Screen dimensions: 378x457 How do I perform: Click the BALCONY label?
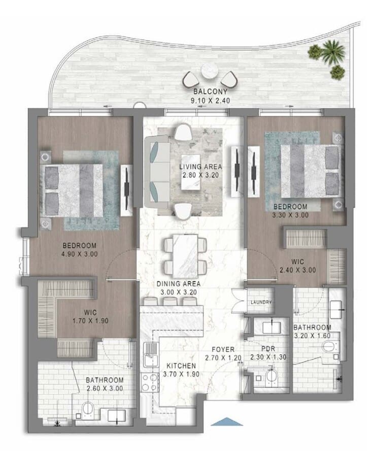[x=210, y=91]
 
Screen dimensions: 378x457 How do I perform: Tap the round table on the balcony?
[x=210, y=71]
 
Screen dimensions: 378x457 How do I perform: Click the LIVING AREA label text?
[x=200, y=167]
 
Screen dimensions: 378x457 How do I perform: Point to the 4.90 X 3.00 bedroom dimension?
[x=80, y=254]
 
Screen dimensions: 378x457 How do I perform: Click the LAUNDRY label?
[x=261, y=302]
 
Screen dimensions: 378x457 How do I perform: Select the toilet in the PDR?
[x=271, y=376]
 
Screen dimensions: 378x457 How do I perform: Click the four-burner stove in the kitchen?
[x=150, y=382]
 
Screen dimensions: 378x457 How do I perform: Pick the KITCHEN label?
[x=181, y=366]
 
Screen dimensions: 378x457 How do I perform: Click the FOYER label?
[x=223, y=349]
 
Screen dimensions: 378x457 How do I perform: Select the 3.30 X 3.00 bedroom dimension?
[x=290, y=215]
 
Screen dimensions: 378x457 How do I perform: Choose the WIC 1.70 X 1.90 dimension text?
[x=90, y=321]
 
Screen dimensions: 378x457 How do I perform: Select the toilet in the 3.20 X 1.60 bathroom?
[x=330, y=347]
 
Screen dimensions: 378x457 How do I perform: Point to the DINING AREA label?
[x=179, y=283]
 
